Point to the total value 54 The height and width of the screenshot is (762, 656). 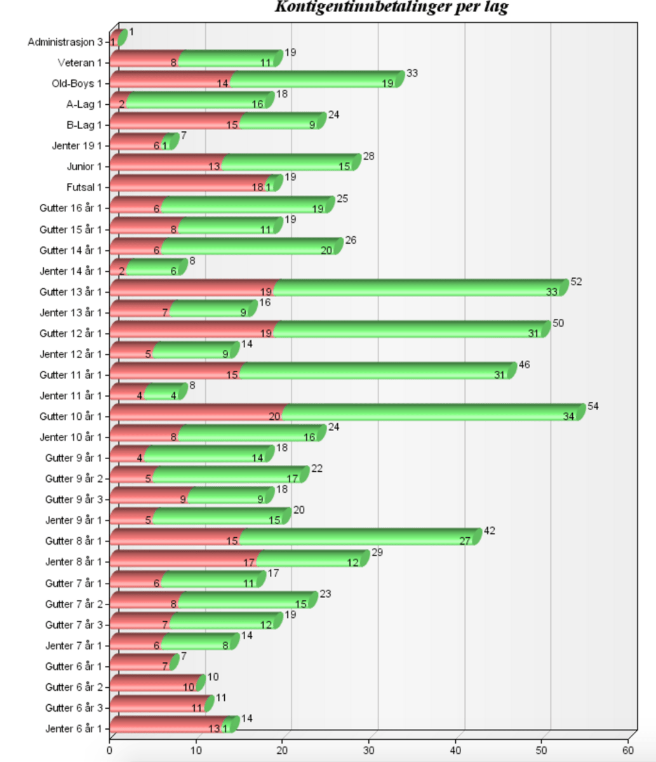click(x=593, y=406)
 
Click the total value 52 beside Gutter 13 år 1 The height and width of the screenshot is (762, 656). click(x=576, y=281)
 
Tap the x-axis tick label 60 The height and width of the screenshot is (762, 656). click(x=629, y=748)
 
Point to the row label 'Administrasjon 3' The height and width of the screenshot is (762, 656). click(x=65, y=42)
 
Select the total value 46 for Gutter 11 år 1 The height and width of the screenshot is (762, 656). click(x=524, y=364)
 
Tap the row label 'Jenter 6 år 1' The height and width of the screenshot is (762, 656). click(x=74, y=728)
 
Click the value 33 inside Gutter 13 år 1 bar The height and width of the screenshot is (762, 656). click(x=552, y=291)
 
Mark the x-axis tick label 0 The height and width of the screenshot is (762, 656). click(x=110, y=748)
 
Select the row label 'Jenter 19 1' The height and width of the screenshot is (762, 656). click(x=77, y=145)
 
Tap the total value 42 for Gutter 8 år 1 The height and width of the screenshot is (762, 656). click(x=490, y=530)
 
